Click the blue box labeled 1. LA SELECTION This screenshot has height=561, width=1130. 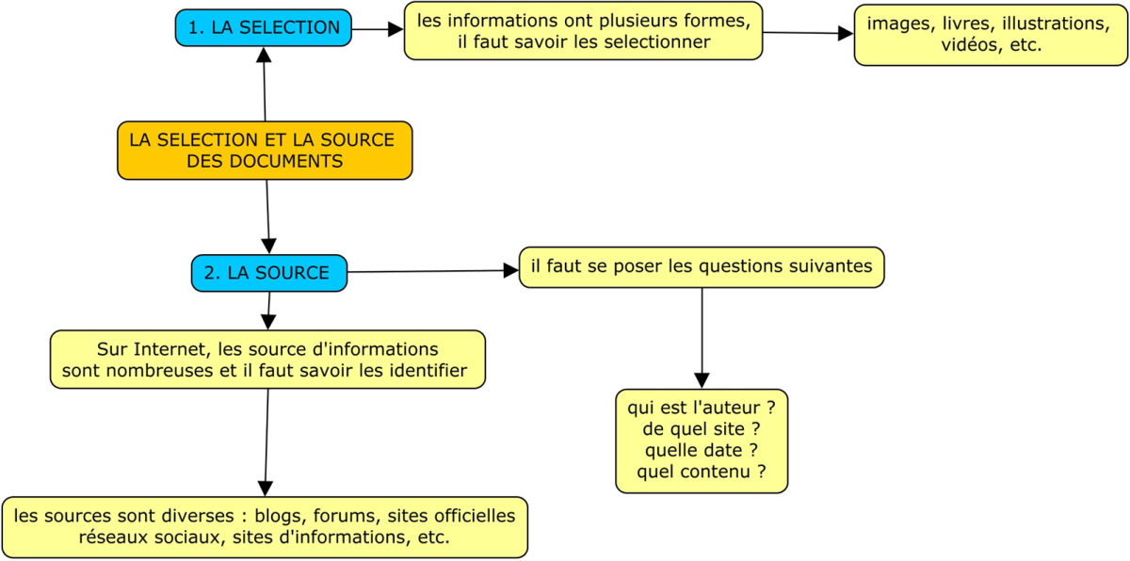(x=264, y=27)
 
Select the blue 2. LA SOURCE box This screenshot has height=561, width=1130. (x=269, y=273)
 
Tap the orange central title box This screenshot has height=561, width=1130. (x=265, y=151)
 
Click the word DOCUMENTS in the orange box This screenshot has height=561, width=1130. (x=290, y=161)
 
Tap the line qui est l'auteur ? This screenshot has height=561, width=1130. (x=702, y=408)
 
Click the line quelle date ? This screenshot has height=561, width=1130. (x=702, y=450)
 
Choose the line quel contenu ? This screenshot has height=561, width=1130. (x=702, y=472)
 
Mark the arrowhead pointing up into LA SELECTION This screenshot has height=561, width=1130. (x=264, y=55)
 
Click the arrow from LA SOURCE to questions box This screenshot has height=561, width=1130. (x=433, y=272)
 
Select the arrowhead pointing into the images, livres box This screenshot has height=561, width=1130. (x=846, y=34)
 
